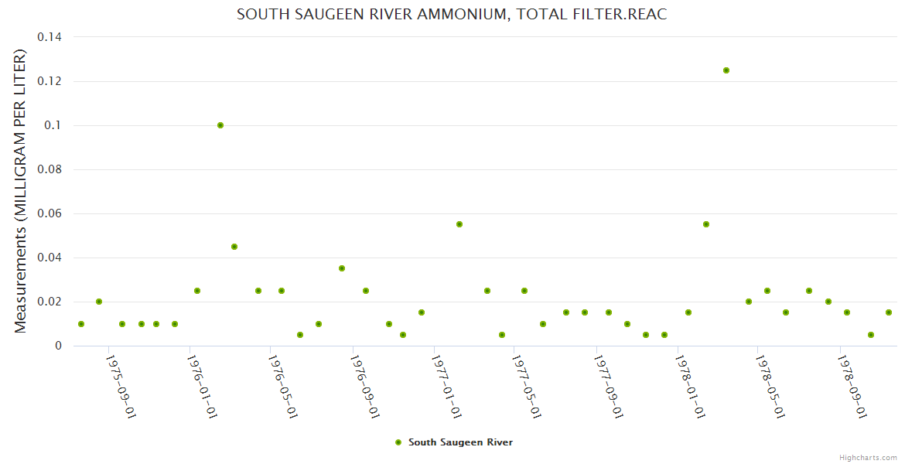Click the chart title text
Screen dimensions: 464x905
click(x=451, y=15)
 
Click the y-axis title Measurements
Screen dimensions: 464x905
click(x=21, y=191)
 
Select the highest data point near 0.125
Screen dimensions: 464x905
click(x=726, y=70)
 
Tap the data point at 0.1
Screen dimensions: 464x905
click(x=220, y=125)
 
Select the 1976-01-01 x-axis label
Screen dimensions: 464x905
click(x=203, y=387)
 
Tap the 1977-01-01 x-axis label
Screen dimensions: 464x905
click(x=446, y=387)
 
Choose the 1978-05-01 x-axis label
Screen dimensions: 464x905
click(x=770, y=387)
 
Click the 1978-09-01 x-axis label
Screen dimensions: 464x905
click(x=852, y=387)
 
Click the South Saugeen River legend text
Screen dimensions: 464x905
click(x=460, y=442)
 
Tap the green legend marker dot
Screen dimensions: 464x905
click(x=398, y=442)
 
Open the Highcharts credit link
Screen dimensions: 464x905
click(x=868, y=457)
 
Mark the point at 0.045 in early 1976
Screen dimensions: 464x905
click(x=234, y=247)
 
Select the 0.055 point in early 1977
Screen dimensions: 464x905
click(x=459, y=224)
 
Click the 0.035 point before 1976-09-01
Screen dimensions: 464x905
click(x=342, y=268)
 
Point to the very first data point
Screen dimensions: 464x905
click(x=81, y=324)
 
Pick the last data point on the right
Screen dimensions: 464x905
click(x=889, y=312)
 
